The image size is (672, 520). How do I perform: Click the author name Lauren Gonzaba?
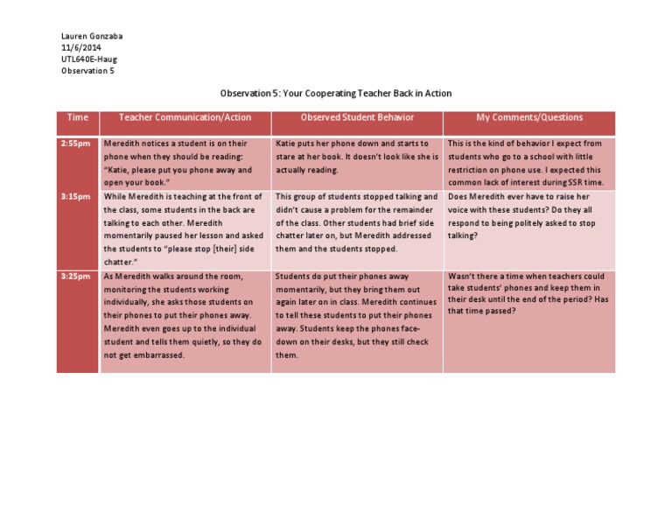(92, 36)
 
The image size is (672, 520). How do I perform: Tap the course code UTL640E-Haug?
(89, 59)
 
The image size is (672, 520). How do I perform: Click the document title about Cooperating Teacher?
(336, 93)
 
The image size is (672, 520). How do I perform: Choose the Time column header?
(78, 117)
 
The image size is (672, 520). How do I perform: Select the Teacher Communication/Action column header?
(185, 117)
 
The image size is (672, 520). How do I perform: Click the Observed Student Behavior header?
(356, 117)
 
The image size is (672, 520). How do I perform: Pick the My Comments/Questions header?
(529, 117)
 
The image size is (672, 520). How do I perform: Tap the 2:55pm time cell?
(76, 143)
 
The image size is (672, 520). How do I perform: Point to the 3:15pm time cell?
(76, 197)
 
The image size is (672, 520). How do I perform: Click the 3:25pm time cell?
(76, 277)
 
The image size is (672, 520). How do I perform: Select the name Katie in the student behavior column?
(288, 143)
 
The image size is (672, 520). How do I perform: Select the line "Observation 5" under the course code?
(87, 71)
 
